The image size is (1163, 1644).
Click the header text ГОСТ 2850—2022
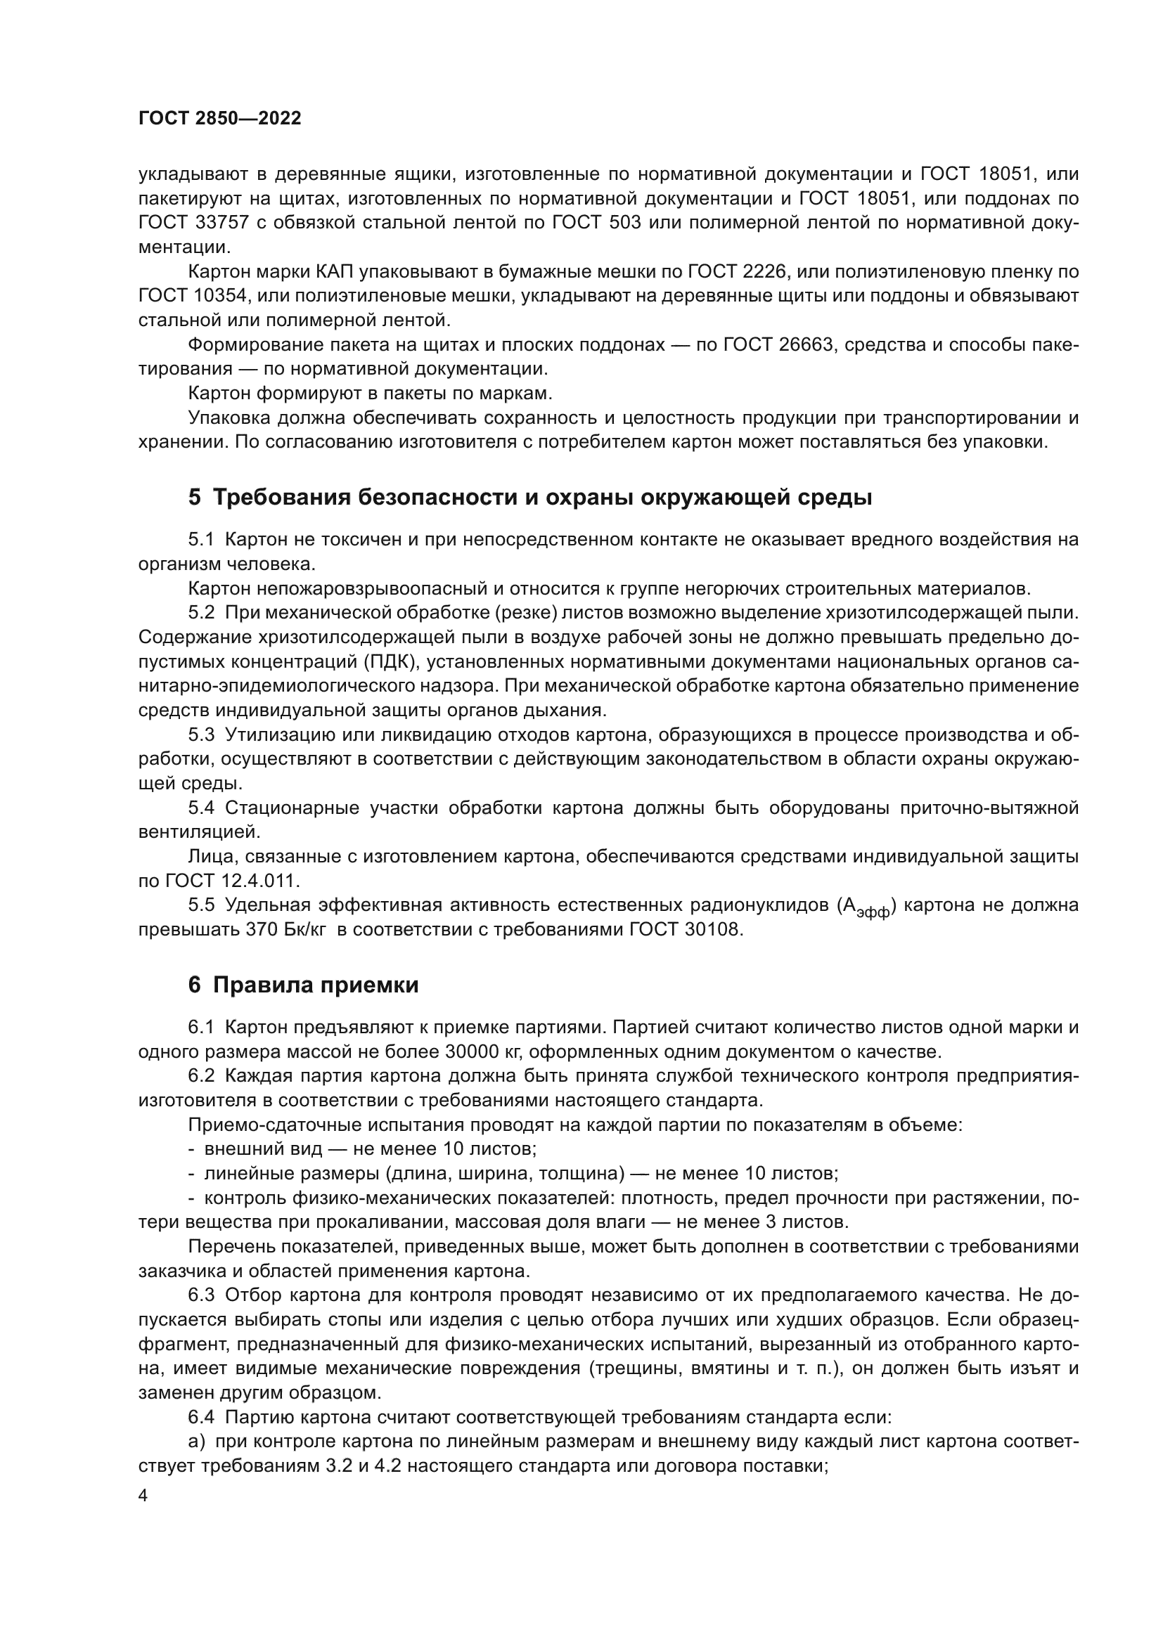click(x=219, y=119)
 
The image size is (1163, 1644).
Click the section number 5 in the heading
click(x=195, y=498)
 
